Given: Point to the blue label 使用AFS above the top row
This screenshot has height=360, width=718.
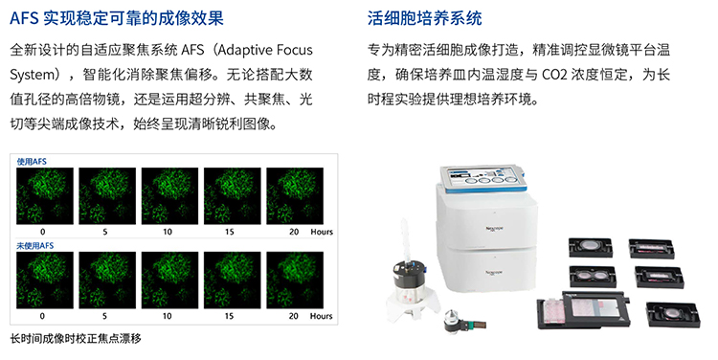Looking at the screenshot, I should [32, 161].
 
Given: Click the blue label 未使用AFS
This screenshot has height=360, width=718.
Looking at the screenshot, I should [35, 247].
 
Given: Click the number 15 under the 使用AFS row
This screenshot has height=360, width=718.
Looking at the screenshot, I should [230, 231].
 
